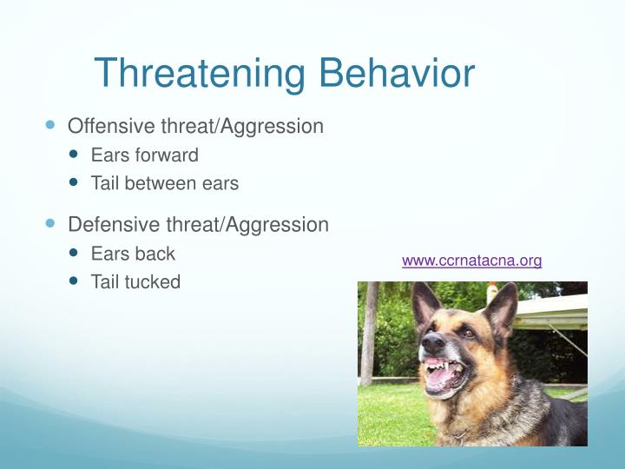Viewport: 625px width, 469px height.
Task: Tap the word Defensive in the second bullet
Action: click(x=114, y=225)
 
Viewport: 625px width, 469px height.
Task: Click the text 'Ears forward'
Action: click(x=144, y=155)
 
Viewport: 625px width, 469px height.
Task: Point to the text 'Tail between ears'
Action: click(x=164, y=184)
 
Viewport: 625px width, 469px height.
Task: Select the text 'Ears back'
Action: click(x=132, y=254)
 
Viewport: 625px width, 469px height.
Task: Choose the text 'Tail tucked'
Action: click(x=135, y=282)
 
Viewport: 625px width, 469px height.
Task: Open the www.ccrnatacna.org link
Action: click(x=471, y=261)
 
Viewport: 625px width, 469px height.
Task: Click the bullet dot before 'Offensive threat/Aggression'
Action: click(x=49, y=126)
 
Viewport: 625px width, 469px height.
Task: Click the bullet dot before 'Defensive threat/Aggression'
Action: click(x=49, y=224)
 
